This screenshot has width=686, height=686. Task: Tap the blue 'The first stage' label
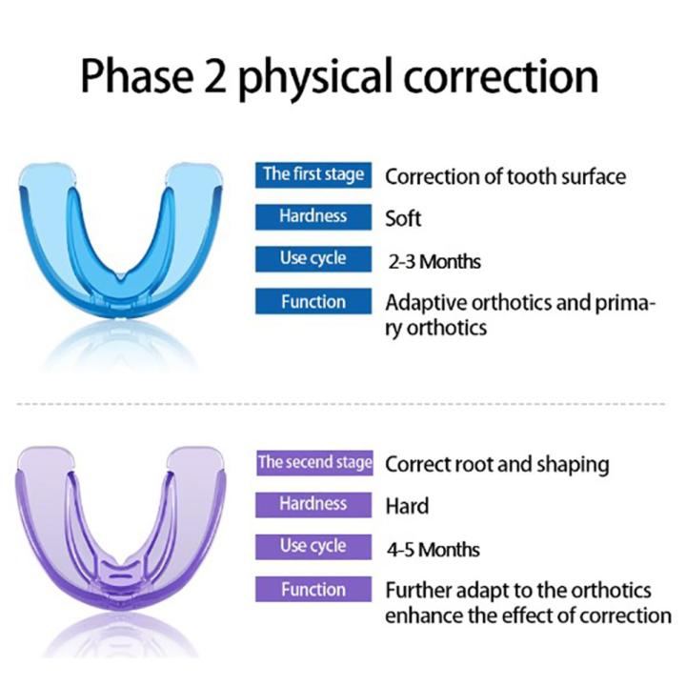(x=313, y=174)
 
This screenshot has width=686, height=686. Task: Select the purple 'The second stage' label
(x=313, y=463)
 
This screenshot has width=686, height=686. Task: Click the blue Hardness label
(x=313, y=216)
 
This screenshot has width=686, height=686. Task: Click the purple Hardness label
(x=313, y=505)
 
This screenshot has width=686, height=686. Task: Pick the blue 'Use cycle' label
(x=313, y=258)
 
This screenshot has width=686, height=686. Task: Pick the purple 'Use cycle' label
(x=313, y=547)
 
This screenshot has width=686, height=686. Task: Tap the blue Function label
(x=313, y=302)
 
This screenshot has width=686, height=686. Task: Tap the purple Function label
(x=313, y=590)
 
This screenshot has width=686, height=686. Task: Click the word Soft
(x=403, y=218)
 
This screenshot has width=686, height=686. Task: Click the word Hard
(x=407, y=506)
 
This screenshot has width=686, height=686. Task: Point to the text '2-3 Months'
(x=434, y=261)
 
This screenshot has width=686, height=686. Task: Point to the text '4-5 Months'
(x=434, y=550)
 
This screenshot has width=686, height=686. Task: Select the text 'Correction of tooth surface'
(x=505, y=176)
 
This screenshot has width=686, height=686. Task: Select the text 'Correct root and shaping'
(x=496, y=465)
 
